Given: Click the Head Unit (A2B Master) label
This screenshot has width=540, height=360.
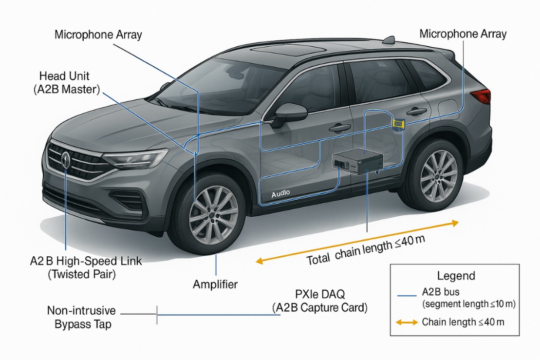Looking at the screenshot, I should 71,83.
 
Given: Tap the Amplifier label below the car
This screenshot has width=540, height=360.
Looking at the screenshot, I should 215,284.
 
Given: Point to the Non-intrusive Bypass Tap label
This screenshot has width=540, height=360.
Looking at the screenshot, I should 81,317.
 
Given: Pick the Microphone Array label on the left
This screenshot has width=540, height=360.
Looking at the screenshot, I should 98,35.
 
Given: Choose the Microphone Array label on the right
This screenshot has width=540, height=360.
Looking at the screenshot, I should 463,34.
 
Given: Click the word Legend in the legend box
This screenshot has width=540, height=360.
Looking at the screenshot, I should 456,276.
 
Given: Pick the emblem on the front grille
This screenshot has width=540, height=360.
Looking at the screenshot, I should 66,160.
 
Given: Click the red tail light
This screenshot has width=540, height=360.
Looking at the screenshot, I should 482,96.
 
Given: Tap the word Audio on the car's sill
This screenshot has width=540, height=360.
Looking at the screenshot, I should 280,193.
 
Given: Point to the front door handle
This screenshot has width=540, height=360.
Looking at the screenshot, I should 339,128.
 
